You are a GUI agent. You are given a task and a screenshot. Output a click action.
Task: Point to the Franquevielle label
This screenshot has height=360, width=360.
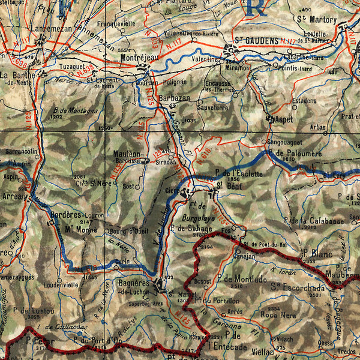[116, 24]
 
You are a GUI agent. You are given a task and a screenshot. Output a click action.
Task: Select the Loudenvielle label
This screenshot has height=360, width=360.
[59, 286]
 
